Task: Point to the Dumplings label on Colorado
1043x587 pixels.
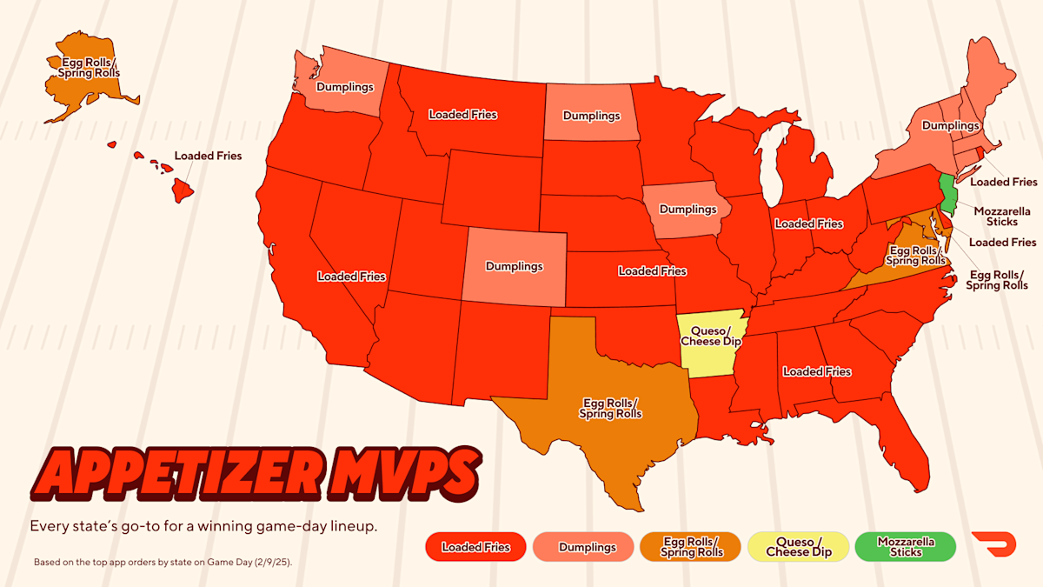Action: pyautogui.click(x=514, y=266)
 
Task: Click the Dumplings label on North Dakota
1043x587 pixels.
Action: pyautogui.click(x=591, y=116)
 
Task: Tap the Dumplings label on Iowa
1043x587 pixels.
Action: pyautogui.click(x=688, y=210)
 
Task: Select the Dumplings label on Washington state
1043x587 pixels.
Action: pyautogui.click(x=345, y=87)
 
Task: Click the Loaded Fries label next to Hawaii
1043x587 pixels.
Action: pyautogui.click(x=208, y=156)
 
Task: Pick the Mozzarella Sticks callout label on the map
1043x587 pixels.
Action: pyautogui.click(x=1001, y=217)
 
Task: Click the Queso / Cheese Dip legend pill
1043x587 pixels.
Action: pyautogui.click(x=798, y=547)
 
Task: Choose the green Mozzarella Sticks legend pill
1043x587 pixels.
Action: pyautogui.click(x=906, y=547)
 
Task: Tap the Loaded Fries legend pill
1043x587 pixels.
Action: pyautogui.click(x=475, y=547)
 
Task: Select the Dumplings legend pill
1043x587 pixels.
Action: pyautogui.click(x=588, y=547)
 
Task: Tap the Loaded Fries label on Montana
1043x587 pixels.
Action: pyautogui.click(x=463, y=114)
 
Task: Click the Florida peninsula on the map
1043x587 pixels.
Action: pyautogui.click(x=908, y=452)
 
